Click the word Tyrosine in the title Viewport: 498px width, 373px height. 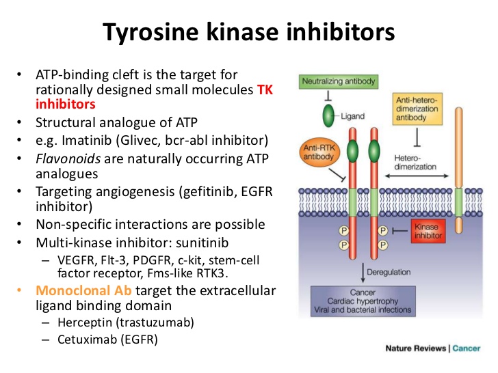(x=150, y=32)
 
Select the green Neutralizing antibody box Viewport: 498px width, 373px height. (x=339, y=81)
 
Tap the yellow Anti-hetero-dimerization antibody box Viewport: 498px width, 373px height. (x=417, y=109)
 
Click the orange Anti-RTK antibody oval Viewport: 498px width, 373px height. (x=319, y=152)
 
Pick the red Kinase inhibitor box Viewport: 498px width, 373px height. (x=428, y=231)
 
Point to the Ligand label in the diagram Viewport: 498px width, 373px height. (x=352, y=116)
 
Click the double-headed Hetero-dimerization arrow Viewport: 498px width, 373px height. (x=417, y=176)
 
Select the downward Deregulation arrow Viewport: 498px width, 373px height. (x=363, y=273)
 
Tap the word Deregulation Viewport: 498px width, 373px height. (x=389, y=272)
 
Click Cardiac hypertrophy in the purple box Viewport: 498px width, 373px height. (x=363, y=301)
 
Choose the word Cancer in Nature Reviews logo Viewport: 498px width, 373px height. (x=467, y=348)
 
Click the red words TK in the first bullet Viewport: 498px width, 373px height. (x=265, y=89)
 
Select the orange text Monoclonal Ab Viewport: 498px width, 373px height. (x=83, y=290)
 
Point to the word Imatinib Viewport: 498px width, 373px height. (x=87, y=140)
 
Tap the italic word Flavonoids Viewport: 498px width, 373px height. (x=68, y=158)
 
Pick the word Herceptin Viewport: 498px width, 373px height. (x=85, y=322)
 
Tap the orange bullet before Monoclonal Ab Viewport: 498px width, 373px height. (x=19, y=290)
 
